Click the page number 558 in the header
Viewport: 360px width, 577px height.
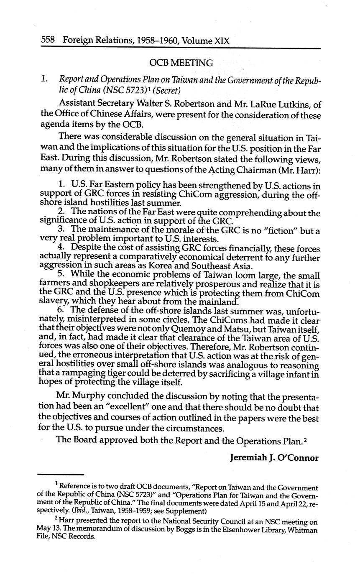click(x=48, y=41)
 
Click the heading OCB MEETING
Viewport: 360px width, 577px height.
click(x=181, y=63)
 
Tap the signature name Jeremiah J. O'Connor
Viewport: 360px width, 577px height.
click(x=274, y=458)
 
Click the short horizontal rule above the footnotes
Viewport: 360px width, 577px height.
click(x=61, y=475)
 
